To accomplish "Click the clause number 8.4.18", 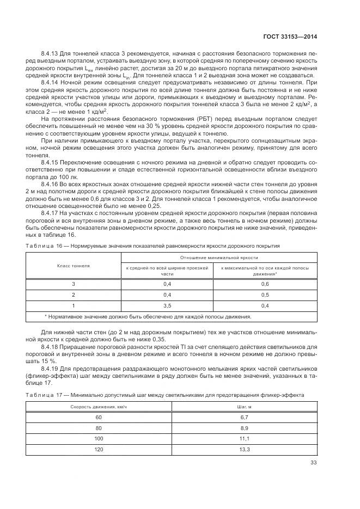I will pyautogui.click(x=51, y=346).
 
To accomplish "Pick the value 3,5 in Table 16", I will pyautogui.click(x=167, y=305).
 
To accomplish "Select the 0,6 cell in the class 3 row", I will pyautogui.click(x=265, y=284).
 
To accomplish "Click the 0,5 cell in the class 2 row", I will pyautogui.click(x=265, y=295).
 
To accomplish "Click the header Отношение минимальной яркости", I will pyautogui.click(x=219, y=257).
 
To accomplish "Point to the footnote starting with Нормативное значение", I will pyautogui.click(x=148, y=316).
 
